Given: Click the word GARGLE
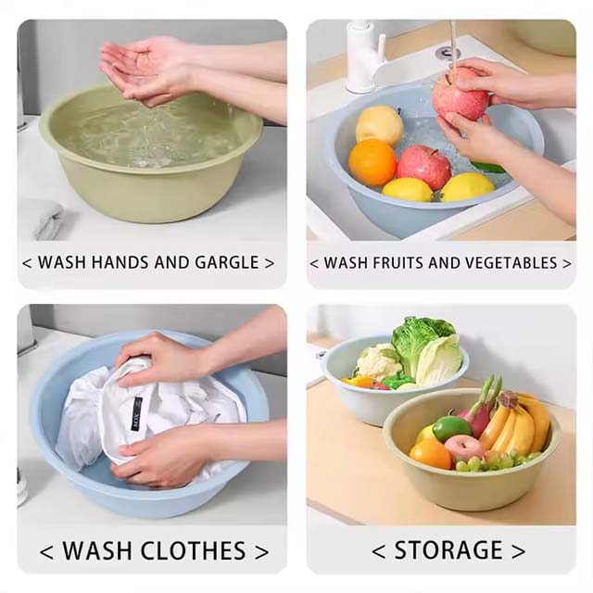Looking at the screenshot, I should coord(227,262).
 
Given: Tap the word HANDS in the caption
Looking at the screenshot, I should coord(118,262).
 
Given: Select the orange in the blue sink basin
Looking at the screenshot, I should coord(372,162).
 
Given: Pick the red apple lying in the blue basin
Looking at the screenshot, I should coord(423,167).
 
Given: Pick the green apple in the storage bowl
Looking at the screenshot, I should coord(451,427).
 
